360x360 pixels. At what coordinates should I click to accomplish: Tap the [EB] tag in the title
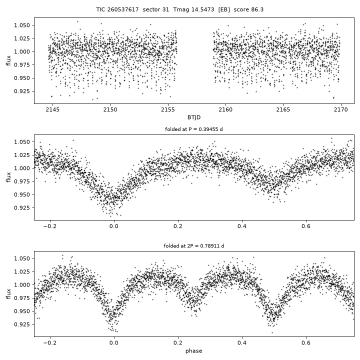click(224, 9)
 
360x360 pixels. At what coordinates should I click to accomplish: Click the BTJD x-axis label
click(194, 117)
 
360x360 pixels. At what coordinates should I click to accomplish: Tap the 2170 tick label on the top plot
click(341, 109)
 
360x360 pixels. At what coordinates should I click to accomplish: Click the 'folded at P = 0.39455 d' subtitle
click(194, 129)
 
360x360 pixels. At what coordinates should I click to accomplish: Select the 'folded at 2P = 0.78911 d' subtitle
click(194, 246)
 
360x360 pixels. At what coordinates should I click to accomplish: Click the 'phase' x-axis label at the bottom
click(194, 351)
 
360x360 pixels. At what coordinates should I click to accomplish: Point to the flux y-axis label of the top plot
click(8, 60)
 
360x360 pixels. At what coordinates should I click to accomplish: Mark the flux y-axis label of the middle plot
click(8, 177)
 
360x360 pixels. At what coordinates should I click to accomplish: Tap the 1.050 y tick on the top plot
click(22, 25)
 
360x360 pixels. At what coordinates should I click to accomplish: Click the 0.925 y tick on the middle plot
click(22, 208)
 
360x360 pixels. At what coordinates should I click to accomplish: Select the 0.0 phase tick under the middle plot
click(114, 226)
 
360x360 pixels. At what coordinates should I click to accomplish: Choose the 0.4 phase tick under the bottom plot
click(242, 343)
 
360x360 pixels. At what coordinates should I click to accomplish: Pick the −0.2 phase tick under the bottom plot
click(50, 343)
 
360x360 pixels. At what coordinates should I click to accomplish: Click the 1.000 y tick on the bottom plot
click(22, 285)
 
